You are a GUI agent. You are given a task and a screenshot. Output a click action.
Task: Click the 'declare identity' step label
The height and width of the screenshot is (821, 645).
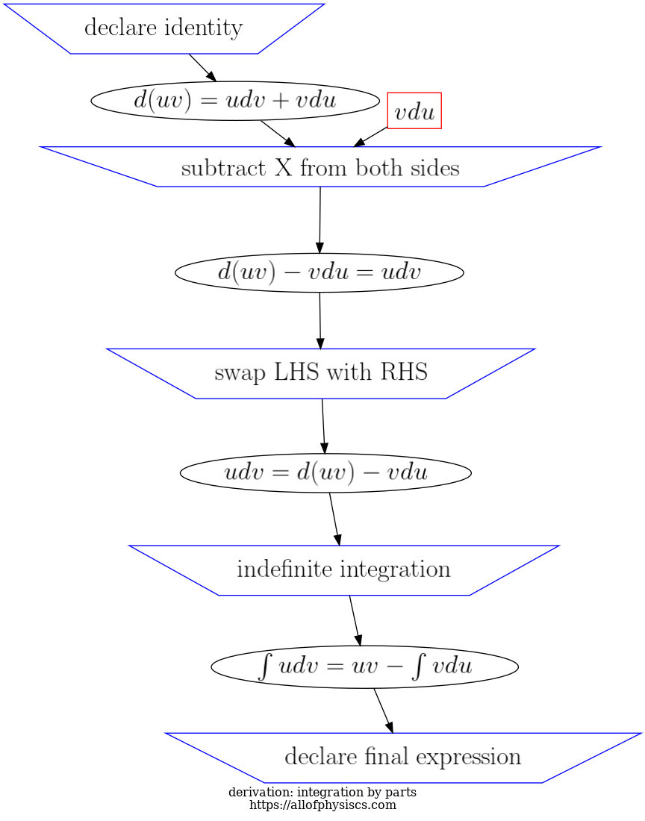(163, 28)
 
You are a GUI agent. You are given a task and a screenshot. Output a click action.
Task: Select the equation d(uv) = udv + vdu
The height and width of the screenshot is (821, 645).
(234, 101)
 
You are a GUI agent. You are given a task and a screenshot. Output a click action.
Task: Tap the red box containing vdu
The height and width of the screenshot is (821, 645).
(414, 111)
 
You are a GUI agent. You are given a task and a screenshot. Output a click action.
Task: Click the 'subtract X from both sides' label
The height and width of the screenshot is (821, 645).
(320, 168)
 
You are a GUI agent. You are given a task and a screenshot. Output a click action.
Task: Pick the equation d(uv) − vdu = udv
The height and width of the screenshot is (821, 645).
(319, 272)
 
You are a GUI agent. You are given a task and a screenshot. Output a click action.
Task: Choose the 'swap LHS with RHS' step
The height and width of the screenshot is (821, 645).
(320, 372)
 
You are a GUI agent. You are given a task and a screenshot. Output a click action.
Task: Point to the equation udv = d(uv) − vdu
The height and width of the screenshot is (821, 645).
(325, 472)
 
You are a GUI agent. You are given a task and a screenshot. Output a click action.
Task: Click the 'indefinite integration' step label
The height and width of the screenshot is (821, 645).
(343, 570)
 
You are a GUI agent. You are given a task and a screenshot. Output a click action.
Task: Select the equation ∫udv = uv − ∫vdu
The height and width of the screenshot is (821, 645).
(364, 667)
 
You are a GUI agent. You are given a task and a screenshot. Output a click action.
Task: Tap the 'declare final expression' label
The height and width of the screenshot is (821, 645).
(402, 757)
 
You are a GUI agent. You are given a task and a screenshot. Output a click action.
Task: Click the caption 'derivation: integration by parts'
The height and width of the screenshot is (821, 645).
(322, 792)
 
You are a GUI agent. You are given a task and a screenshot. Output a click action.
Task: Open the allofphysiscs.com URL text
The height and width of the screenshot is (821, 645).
(322, 805)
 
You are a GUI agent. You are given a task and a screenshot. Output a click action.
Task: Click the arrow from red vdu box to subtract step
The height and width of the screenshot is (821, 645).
(370, 137)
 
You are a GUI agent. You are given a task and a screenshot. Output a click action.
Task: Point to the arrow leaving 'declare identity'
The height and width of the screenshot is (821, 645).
(202, 67)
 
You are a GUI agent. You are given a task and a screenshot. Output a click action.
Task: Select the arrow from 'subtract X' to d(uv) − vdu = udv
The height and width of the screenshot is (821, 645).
(320, 220)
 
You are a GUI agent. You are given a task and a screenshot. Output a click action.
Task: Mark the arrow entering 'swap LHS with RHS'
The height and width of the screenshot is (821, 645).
(320, 321)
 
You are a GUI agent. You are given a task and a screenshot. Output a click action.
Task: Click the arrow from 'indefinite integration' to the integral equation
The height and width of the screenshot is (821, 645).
(355, 620)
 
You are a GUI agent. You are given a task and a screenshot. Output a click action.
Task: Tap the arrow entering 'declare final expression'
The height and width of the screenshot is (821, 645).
(383, 711)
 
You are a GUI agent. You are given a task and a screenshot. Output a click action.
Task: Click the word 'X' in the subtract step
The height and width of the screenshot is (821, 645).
(283, 168)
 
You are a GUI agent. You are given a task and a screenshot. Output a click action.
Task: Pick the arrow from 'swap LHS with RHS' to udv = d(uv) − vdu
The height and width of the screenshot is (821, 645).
(323, 426)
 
